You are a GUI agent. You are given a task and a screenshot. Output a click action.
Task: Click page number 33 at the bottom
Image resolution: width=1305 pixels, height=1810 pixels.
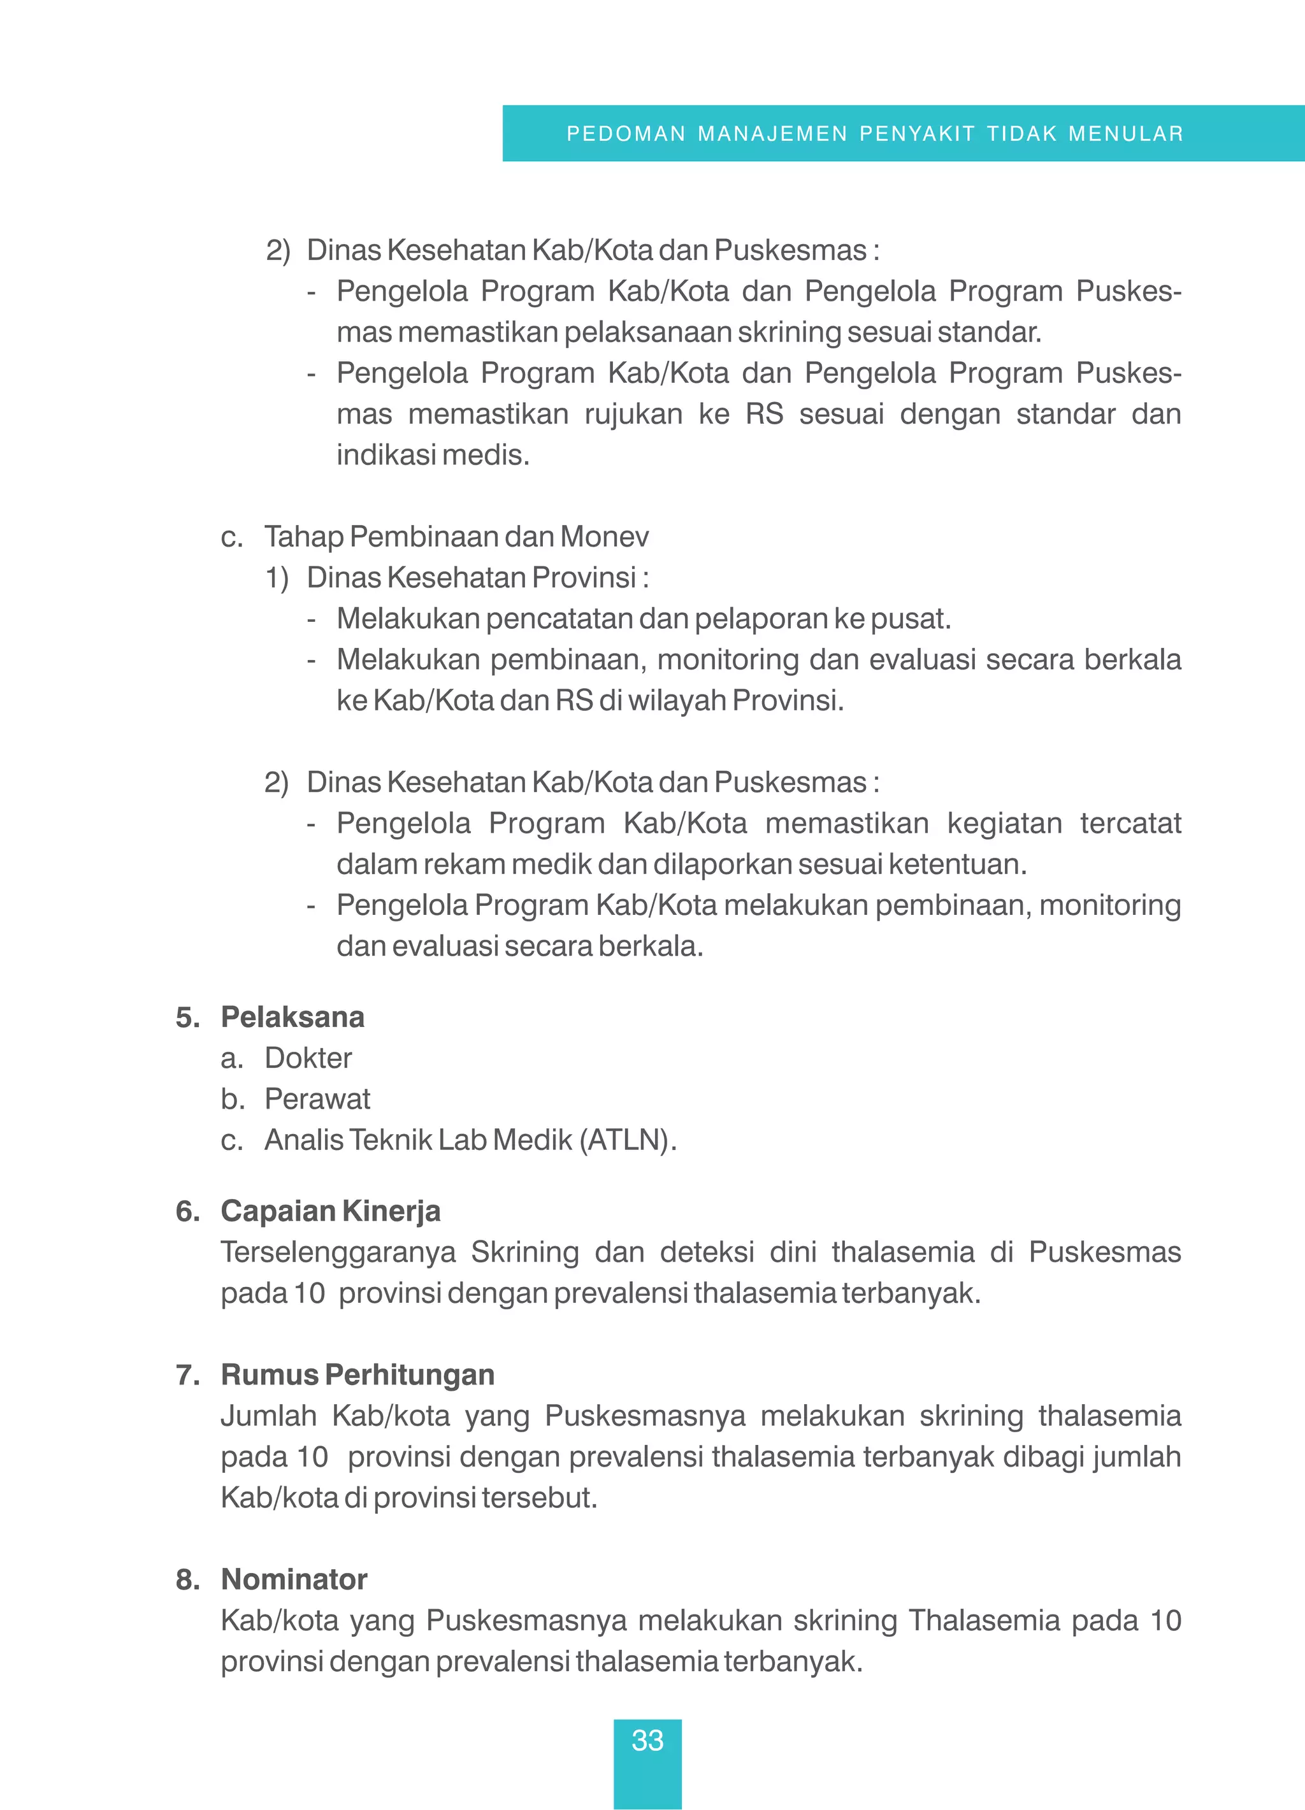click(647, 1741)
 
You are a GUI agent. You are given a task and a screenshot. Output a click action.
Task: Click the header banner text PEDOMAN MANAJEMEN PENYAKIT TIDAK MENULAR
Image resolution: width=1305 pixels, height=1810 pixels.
click(875, 133)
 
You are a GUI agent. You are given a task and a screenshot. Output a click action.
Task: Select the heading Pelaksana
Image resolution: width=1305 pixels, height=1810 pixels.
click(292, 1017)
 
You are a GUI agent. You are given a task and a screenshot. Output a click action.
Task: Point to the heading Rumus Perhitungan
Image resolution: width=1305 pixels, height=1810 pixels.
click(357, 1374)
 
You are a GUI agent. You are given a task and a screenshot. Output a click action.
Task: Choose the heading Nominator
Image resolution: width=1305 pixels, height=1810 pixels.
click(293, 1579)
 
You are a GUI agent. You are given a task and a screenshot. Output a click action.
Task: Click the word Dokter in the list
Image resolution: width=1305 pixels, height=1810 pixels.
click(308, 1058)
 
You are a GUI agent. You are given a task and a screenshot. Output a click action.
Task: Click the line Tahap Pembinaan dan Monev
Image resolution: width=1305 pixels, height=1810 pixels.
click(456, 536)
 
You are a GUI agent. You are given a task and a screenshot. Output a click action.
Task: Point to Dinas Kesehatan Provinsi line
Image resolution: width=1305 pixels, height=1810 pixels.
click(477, 577)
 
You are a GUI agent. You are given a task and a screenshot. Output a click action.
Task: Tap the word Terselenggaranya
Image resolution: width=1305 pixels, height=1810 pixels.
click(338, 1251)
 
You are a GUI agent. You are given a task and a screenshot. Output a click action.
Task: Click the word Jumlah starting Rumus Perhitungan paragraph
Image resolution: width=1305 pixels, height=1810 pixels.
click(268, 1415)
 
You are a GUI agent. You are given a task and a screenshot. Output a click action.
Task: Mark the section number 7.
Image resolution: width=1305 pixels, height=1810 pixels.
click(187, 1374)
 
